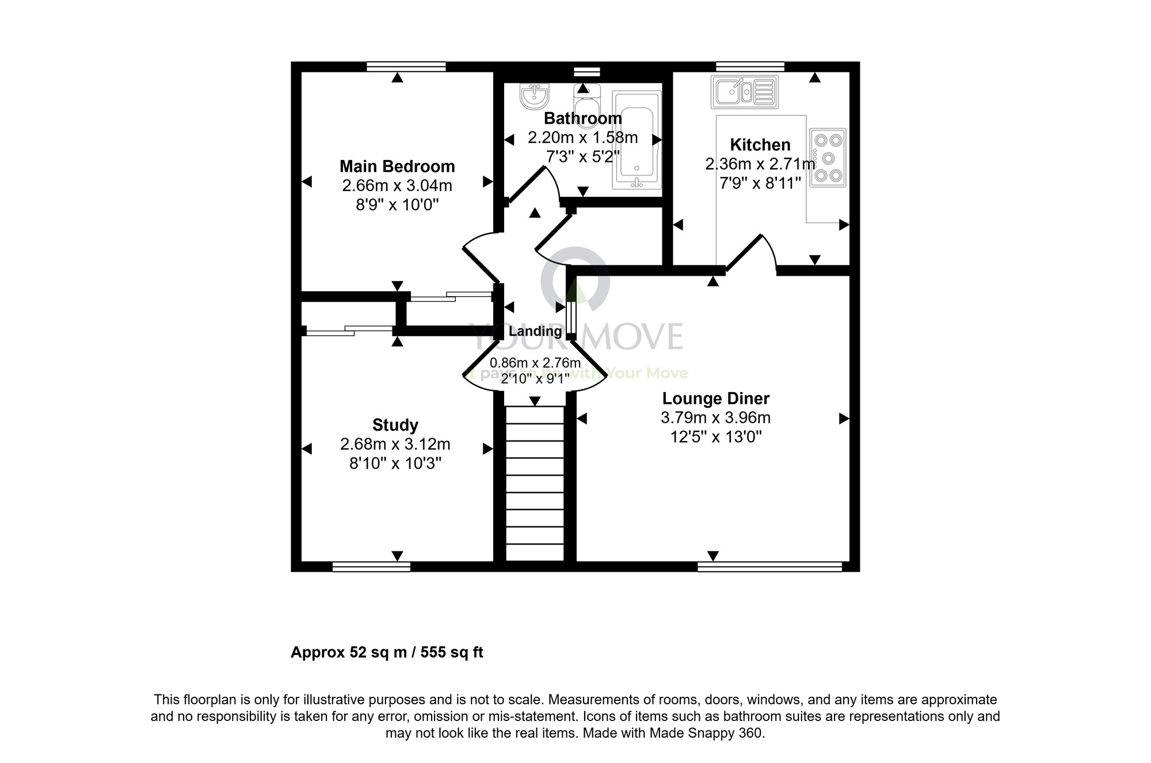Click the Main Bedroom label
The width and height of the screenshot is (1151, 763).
pos(397,166)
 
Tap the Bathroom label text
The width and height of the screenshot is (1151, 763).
pos(582,119)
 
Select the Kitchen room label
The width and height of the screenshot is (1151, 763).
pos(760,145)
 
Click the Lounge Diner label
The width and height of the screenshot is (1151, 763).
pos(715,398)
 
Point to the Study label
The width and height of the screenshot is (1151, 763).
pos(395,425)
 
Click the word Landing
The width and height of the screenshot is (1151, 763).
pos(535,331)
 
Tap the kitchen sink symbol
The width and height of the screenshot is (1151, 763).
pos(744,92)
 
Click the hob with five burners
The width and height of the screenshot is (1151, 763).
pos(828,157)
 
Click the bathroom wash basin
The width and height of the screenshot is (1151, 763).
pos(535,96)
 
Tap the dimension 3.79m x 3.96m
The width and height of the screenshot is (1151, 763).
pos(715,417)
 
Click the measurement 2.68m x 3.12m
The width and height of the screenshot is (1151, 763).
pos(395,445)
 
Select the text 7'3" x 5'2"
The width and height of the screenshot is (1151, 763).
pos(582,157)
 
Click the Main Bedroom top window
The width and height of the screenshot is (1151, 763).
pos(406,67)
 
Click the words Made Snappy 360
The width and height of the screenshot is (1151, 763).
pos(705,733)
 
